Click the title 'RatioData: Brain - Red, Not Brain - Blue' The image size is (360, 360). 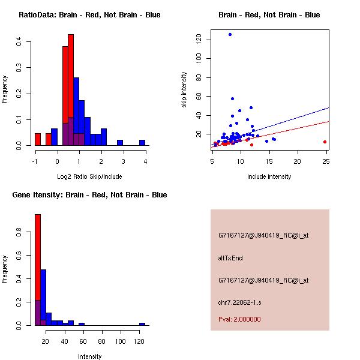tap(89, 15)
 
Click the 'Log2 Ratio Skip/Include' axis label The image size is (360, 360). tap(89, 176)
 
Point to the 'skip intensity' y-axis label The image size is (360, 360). tap(185, 90)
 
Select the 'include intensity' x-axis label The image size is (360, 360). tap(269, 176)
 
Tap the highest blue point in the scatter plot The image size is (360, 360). tap(230, 34)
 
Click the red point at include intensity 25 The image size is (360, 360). tap(325, 142)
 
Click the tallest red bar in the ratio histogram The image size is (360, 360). tap(71, 90)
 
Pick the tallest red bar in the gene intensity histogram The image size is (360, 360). tap(37, 270)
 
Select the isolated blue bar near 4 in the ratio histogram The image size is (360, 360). tap(142, 143)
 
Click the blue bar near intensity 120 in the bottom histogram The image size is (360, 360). tap(142, 324)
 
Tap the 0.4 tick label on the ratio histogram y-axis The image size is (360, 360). tap(20, 41)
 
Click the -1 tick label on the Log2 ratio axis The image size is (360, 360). tap(35, 161)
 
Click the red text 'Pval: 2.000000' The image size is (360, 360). tap(239, 319)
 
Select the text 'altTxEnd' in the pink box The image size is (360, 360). tap(230, 258)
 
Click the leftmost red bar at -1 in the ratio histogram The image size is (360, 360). tap(37, 139)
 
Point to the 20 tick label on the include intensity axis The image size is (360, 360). tap(298, 161)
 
